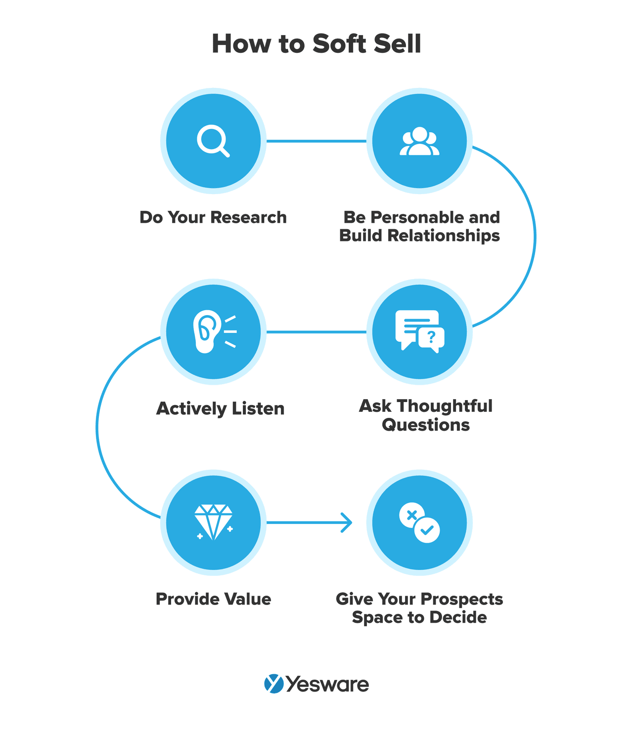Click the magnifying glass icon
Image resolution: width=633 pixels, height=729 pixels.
pos(213,141)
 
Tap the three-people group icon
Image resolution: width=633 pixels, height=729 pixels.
pos(419,142)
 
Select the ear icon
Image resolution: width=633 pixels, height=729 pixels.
pos(207,331)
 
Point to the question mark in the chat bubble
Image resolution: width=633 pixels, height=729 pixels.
pos(431,337)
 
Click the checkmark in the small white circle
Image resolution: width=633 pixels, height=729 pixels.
pos(427,530)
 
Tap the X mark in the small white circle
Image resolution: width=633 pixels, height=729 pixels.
pos(411,515)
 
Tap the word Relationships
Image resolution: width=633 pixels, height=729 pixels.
pos(444,236)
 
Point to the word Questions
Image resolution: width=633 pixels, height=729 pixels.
pos(425,425)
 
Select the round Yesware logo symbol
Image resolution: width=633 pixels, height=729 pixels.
pos(273,684)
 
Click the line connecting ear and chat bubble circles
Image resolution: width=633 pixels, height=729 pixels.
pos(316,332)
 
